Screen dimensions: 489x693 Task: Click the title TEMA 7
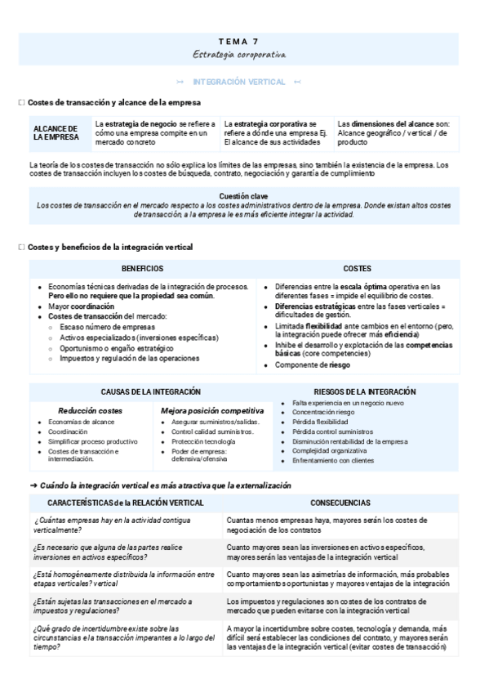[x=238, y=40]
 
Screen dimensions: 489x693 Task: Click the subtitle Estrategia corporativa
[x=238, y=53]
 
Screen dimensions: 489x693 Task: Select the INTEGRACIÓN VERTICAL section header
[x=238, y=82]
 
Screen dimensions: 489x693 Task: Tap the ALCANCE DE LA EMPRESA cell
[x=56, y=133]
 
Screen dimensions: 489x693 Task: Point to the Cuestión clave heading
[x=242, y=196]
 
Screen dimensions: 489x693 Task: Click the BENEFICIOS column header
[x=142, y=268]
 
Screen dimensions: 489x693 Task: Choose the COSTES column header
[x=357, y=268]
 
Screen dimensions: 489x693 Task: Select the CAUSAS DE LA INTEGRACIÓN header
[x=151, y=392]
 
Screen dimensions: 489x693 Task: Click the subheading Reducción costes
[x=90, y=410]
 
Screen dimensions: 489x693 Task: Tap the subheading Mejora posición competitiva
[x=212, y=410]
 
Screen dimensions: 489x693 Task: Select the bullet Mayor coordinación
[x=81, y=306]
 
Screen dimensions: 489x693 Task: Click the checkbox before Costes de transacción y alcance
[x=21, y=103]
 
